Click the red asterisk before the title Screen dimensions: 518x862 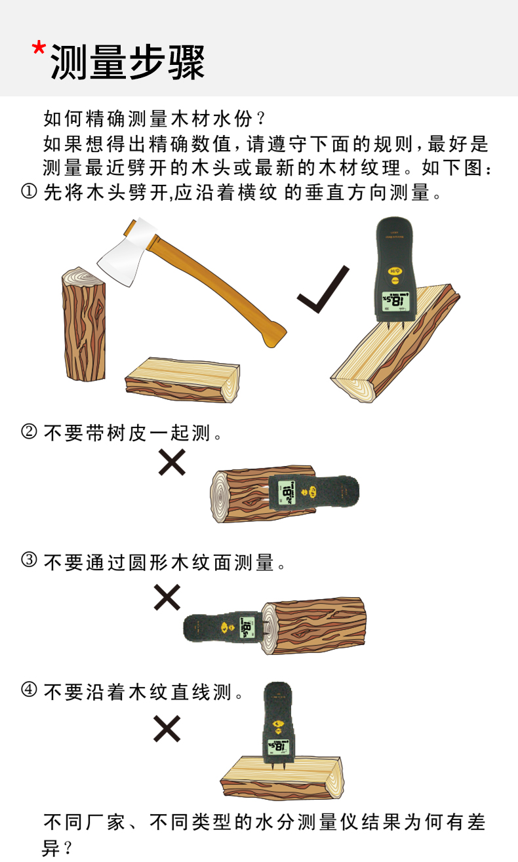(x=39, y=49)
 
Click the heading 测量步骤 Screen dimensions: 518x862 (x=127, y=62)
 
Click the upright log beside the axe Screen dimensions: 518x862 (x=83, y=324)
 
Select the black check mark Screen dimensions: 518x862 (x=323, y=289)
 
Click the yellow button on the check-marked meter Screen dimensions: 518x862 (x=395, y=271)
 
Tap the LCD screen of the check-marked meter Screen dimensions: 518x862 (x=395, y=300)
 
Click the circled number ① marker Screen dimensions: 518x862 (x=29, y=191)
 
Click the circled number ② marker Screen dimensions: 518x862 (x=29, y=431)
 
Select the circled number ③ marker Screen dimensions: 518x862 (x=29, y=560)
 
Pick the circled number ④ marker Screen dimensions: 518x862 (x=29, y=690)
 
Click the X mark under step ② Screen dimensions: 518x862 (x=172, y=461)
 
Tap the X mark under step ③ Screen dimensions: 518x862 (x=167, y=597)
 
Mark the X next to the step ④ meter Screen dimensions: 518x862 (x=167, y=728)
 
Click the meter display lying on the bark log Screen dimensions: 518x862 (x=287, y=492)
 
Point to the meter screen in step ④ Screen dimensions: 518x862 (x=278, y=748)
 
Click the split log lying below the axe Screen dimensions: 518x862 (x=182, y=380)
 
